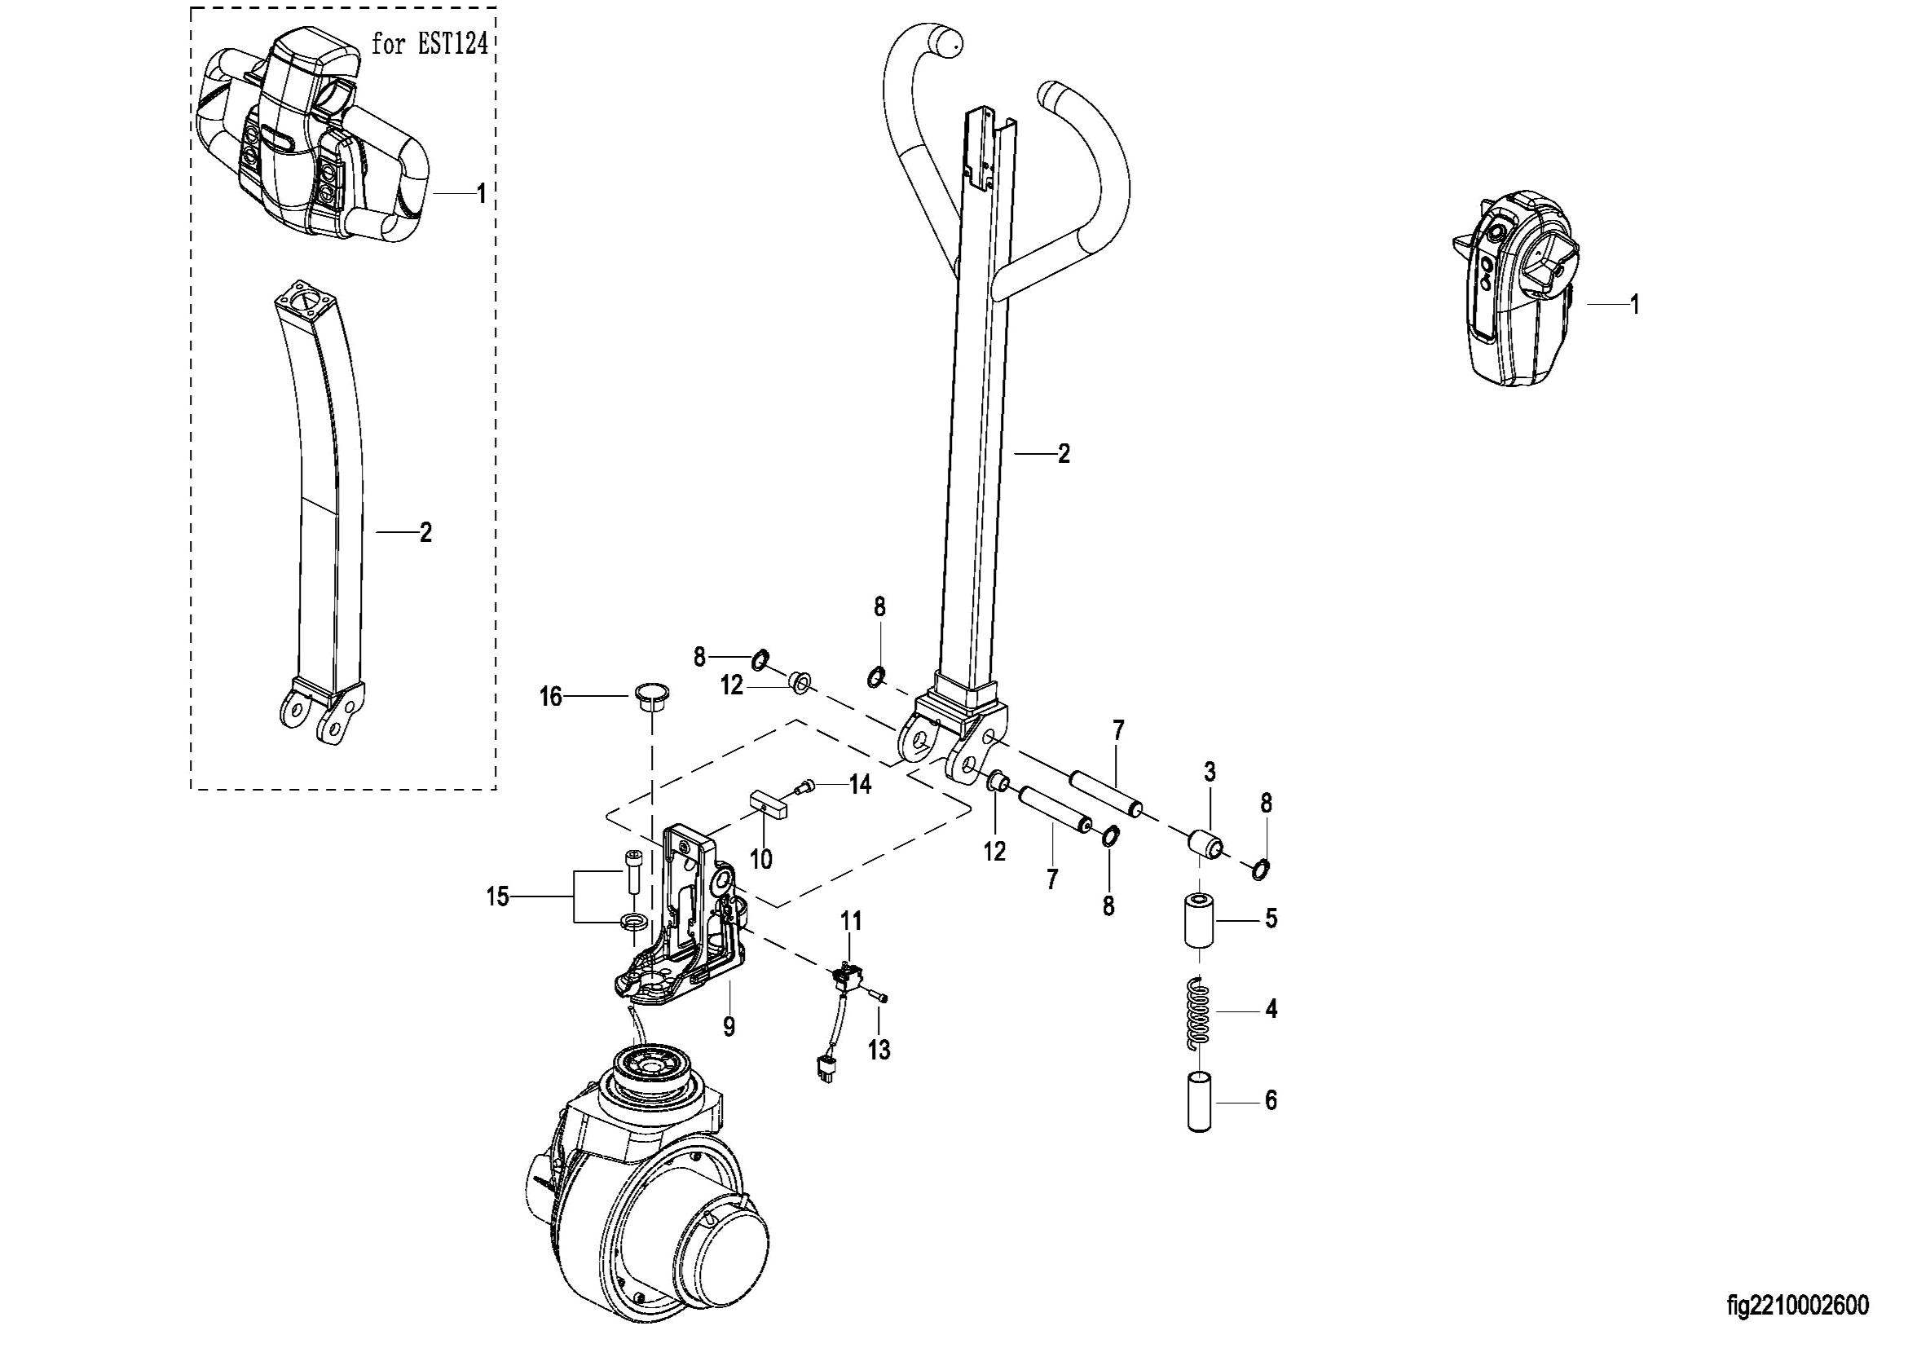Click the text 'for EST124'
click(430, 44)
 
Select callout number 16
click(551, 697)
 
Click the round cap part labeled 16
click(652, 698)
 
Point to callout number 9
click(729, 1027)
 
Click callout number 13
click(879, 1051)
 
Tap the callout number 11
click(851, 921)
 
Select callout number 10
click(761, 859)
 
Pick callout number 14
click(860, 784)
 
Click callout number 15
click(498, 897)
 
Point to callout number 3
click(1210, 772)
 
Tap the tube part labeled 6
click(1200, 1102)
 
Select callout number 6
click(1271, 1101)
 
